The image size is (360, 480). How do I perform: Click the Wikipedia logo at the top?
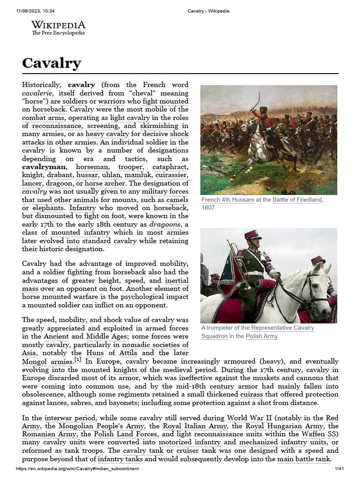click(x=58, y=28)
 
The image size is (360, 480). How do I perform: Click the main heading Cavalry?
click(x=52, y=63)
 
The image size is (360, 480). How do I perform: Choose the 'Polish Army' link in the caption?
click(x=262, y=336)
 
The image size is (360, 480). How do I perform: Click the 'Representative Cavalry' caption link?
click(x=283, y=328)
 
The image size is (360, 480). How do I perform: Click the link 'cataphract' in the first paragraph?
click(x=172, y=166)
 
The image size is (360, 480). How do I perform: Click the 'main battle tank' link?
click(x=304, y=459)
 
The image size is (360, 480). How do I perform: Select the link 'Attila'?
click(x=129, y=352)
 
